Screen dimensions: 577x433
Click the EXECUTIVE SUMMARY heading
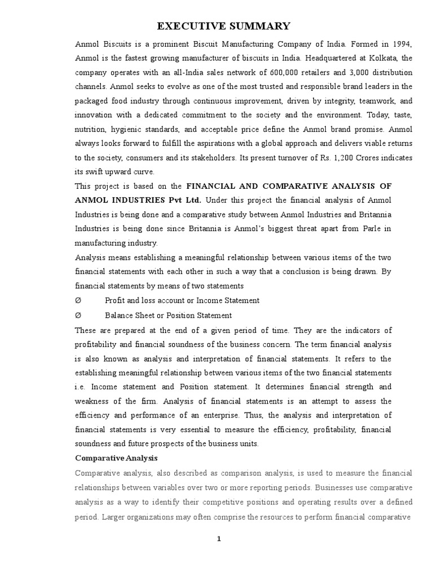(x=224, y=26)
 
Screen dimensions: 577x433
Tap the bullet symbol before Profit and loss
(x=78, y=301)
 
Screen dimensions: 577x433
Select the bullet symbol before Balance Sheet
(x=78, y=316)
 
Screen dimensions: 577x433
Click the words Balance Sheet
(x=130, y=316)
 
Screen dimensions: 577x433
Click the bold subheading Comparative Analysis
(x=117, y=458)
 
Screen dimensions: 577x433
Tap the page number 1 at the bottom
(x=219, y=539)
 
